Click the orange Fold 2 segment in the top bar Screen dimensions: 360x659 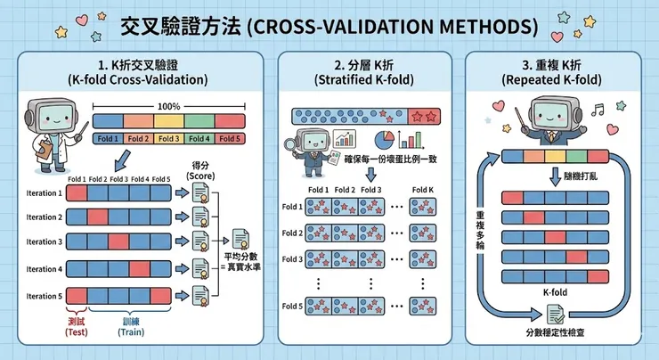click(x=138, y=139)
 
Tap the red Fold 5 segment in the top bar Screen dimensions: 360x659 click(x=230, y=139)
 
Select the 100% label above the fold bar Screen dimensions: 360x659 click(x=168, y=106)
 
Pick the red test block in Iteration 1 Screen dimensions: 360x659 click(x=76, y=193)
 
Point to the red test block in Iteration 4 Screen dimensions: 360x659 click(x=142, y=269)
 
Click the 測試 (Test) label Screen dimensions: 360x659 click(x=77, y=325)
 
